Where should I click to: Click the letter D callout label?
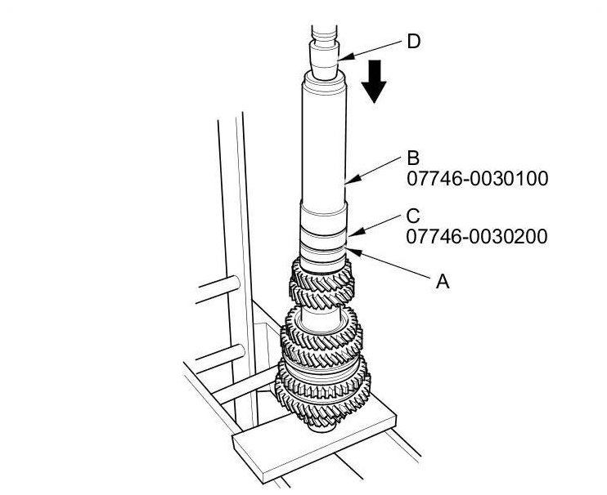[x=414, y=42]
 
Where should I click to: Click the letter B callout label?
[x=413, y=158]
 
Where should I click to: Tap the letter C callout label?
[x=413, y=216]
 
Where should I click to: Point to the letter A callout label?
[x=443, y=281]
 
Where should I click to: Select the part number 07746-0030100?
[x=477, y=179]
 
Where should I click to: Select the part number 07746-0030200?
[x=477, y=237]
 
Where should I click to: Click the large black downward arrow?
[x=374, y=82]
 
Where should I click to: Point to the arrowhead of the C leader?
[x=356, y=231]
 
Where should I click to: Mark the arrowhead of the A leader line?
[x=354, y=252]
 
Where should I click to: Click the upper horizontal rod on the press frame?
[x=218, y=288]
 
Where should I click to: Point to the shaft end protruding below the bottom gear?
[x=321, y=426]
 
